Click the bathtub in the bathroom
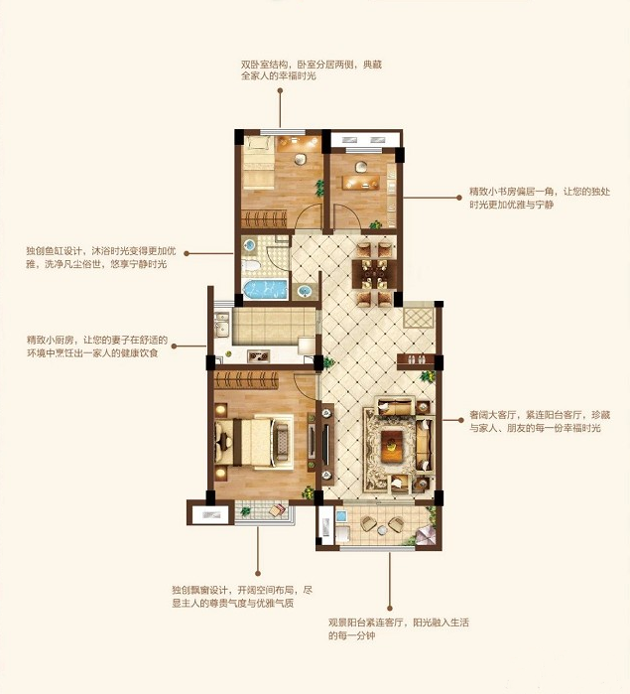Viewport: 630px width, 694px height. pyautogui.click(x=265, y=289)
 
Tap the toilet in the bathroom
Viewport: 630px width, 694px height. pyautogui.click(x=250, y=266)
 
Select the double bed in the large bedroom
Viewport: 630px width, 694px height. pyautogui.click(x=253, y=441)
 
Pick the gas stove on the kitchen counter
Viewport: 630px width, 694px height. pyautogui.click(x=259, y=355)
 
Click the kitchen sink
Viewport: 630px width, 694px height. pyautogui.click(x=221, y=325)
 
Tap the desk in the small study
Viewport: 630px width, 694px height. pyautogui.click(x=360, y=182)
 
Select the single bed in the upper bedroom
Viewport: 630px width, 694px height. pyautogui.click(x=259, y=163)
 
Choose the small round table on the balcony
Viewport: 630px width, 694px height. pyautogui.click(x=383, y=529)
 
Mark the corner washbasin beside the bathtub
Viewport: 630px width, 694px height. pyautogui.click(x=305, y=291)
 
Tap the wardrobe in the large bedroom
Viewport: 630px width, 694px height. pyautogui.click(x=246, y=379)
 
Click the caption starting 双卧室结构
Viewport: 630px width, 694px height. pyautogui.click(x=311, y=69)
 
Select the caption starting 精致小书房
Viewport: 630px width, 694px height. pyautogui.click(x=540, y=198)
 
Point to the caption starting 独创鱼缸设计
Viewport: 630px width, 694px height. pyautogui.click(x=101, y=257)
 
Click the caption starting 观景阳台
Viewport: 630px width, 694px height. pyautogui.click(x=399, y=628)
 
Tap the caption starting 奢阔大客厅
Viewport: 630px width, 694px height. pyautogui.click(x=540, y=421)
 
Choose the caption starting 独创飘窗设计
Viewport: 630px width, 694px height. pyautogui.click(x=242, y=597)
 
